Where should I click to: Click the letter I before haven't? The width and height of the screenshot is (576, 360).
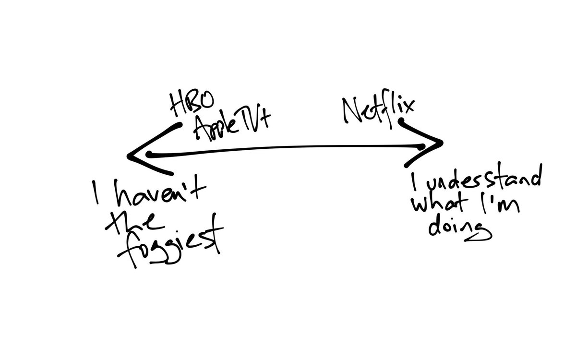[95, 192]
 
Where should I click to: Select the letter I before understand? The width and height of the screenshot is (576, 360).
[414, 181]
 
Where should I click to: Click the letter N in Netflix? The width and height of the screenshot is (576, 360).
[354, 111]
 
